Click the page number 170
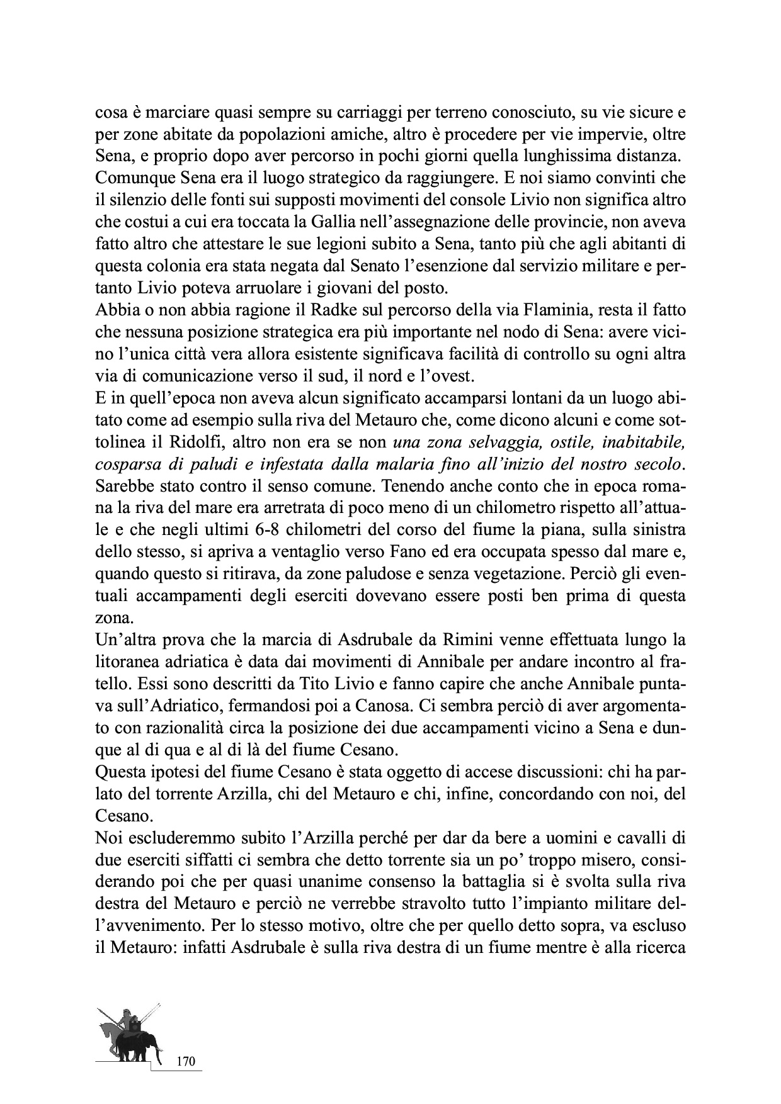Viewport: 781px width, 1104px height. coord(186,1061)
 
